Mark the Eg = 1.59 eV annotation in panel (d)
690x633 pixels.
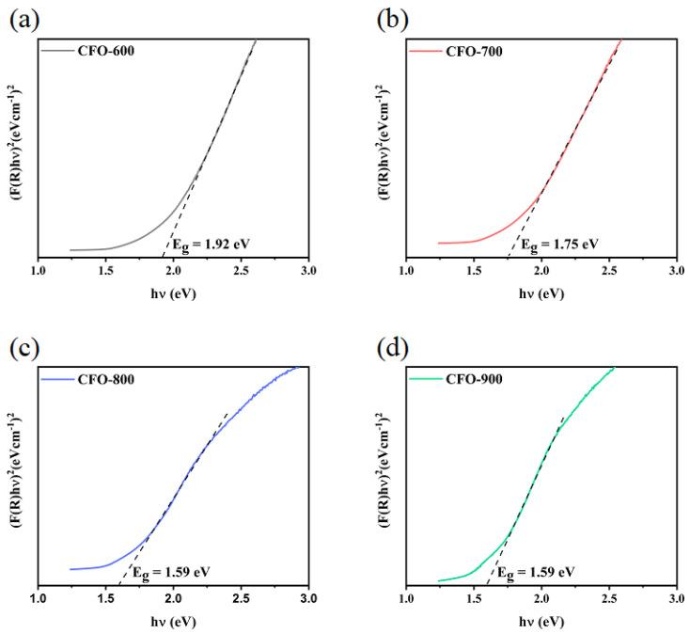(x=534, y=571)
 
